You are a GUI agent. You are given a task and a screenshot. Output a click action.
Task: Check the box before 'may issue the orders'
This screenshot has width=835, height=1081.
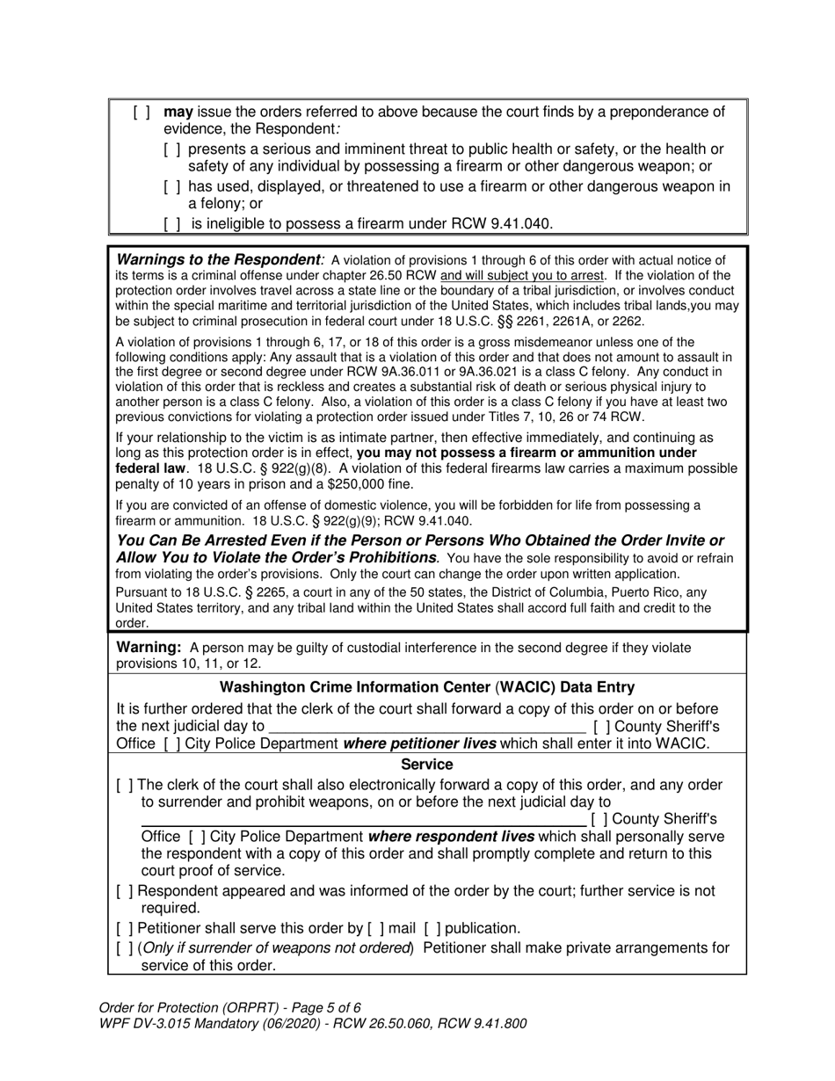142,112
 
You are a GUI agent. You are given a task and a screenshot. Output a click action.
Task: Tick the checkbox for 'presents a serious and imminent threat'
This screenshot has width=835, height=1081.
172,149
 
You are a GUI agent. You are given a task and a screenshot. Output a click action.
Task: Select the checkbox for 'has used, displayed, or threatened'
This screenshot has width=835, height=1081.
172,186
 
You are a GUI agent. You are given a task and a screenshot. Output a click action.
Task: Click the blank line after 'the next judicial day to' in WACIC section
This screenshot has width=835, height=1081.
427,727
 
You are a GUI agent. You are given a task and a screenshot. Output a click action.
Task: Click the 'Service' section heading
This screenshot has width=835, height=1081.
427,765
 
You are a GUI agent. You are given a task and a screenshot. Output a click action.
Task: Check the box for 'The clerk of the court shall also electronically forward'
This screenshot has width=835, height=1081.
125,785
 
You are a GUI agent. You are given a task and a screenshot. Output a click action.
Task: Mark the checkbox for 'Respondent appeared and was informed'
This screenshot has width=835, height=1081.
125,891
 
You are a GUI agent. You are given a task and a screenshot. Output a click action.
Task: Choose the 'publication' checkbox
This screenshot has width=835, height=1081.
432,928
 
